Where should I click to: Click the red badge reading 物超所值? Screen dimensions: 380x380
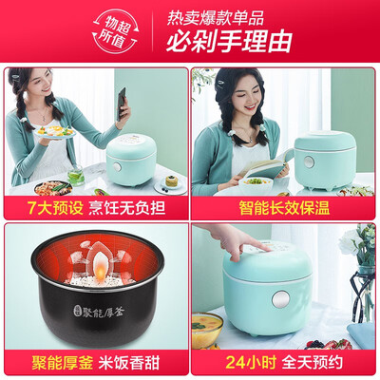115,30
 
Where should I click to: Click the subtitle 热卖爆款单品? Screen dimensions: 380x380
229,16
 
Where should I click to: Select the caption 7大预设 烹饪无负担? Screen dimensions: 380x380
94,203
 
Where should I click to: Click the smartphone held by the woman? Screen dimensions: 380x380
122,103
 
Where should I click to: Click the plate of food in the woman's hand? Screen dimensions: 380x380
52,132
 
